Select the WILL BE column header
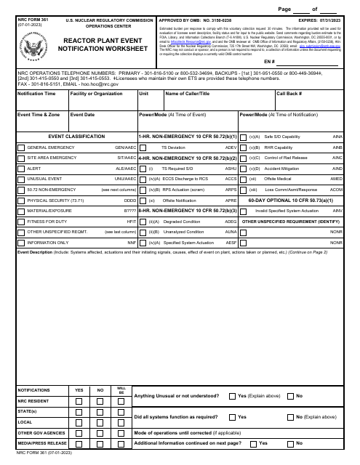pos(121,391)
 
